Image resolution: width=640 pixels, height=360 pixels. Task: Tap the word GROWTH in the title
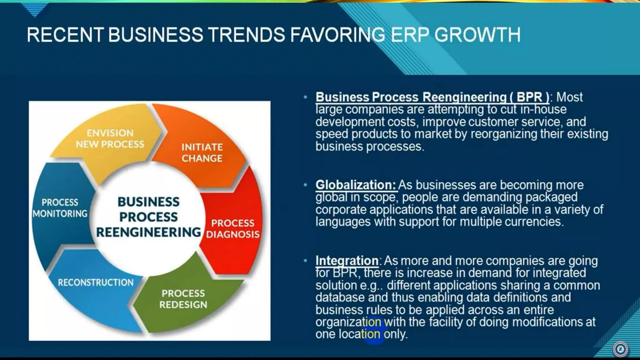point(477,35)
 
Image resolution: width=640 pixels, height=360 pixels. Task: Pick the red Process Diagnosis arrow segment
point(233,228)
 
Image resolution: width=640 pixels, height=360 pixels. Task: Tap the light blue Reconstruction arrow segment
point(96,282)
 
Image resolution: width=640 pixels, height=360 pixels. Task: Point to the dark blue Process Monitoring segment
point(60,208)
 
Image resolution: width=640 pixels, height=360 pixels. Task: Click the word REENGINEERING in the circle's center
point(148,232)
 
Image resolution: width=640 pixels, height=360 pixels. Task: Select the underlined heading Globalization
point(356,185)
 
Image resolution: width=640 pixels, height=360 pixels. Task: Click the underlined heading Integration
point(347,261)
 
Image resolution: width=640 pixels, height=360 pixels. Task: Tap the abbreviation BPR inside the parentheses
point(529,97)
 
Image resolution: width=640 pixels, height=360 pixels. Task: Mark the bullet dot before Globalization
point(305,185)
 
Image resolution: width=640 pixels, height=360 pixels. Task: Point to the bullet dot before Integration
point(305,261)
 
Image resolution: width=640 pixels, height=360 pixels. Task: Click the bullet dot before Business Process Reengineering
point(305,97)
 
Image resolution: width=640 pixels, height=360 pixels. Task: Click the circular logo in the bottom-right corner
point(620,349)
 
